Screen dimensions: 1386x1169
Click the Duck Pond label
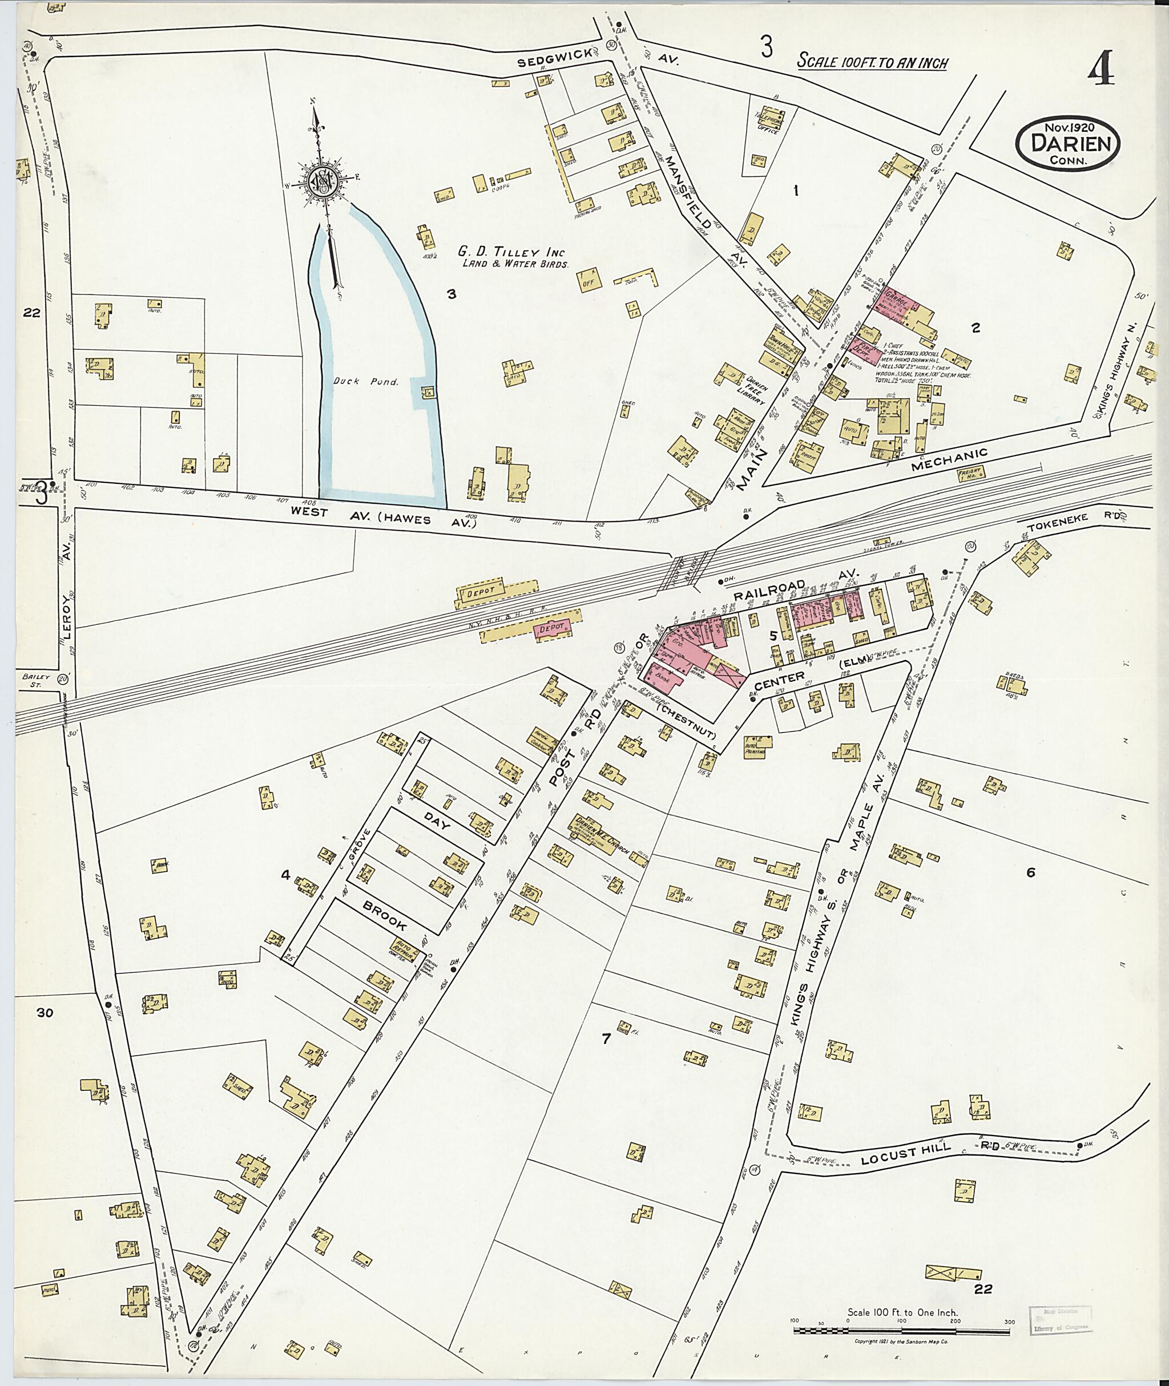click(x=357, y=382)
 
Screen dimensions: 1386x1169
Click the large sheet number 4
click(x=1100, y=71)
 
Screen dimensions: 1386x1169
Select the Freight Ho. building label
click(x=970, y=473)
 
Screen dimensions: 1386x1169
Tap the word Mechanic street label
click(x=949, y=459)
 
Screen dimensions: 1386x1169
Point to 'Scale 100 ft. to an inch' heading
click(x=872, y=63)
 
